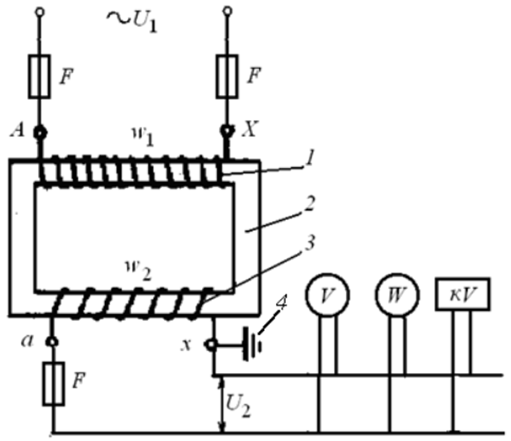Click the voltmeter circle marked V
[x=327, y=295]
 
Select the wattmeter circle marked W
[x=398, y=295]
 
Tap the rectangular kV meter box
[x=463, y=294]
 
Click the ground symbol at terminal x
[x=252, y=345]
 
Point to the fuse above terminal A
[x=40, y=76]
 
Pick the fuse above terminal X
[x=227, y=76]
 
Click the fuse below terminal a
[x=53, y=384]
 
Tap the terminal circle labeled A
[x=40, y=133]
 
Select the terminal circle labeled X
[x=227, y=131]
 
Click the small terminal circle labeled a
[x=52, y=342]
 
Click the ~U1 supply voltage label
[x=132, y=21]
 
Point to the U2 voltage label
[x=238, y=406]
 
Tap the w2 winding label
[x=139, y=270]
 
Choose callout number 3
[x=309, y=243]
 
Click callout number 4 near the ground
[x=281, y=303]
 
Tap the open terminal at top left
[x=40, y=12]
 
